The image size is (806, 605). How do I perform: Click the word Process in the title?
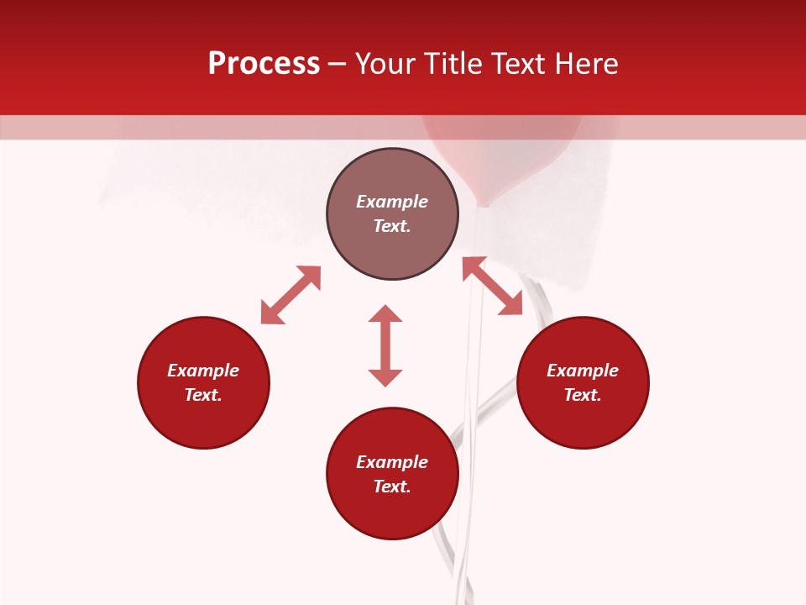[x=264, y=64]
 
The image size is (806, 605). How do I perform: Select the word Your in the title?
[x=386, y=64]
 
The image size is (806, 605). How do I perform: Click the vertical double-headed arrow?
[x=385, y=345]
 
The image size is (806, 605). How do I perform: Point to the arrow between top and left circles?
[x=290, y=295]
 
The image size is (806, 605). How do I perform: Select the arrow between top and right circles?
[x=492, y=286]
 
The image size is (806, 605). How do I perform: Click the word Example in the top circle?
[x=392, y=202]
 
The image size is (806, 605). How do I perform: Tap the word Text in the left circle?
[x=203, y=395]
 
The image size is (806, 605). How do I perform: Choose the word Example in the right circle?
[x=583, y=371]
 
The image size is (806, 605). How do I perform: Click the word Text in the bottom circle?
[x=392, y=487]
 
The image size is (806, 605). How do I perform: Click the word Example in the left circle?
[x=203, y=371]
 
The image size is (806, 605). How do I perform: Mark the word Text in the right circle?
[x=583, y=395]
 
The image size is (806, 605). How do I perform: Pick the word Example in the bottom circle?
[x=392, y=462]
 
